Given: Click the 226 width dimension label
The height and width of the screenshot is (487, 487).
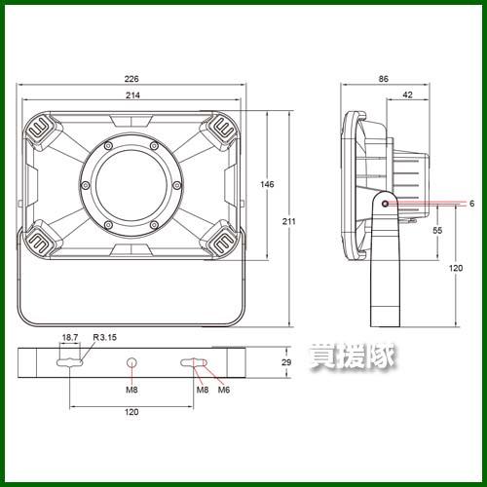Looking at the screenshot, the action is tap(131, 79).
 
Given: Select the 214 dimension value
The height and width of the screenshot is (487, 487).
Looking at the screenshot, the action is tap(132, 95).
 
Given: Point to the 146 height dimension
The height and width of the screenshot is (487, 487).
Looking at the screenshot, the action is tap(267, 184).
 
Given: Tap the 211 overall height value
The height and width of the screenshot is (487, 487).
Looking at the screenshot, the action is tap(288, 221).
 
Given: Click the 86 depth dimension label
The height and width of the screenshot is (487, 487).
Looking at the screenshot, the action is tap(384, 79).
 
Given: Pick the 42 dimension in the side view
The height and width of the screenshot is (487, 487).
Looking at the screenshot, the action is tap(407, 94).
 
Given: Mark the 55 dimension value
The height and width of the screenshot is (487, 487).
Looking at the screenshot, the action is tap(437, 230).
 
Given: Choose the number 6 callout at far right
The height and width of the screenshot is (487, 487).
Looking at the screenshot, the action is tap(471, 204).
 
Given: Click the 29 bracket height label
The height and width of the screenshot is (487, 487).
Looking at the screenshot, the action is tap(286, 362).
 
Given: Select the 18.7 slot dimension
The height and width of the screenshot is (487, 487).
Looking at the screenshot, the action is tap(70, 337).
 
